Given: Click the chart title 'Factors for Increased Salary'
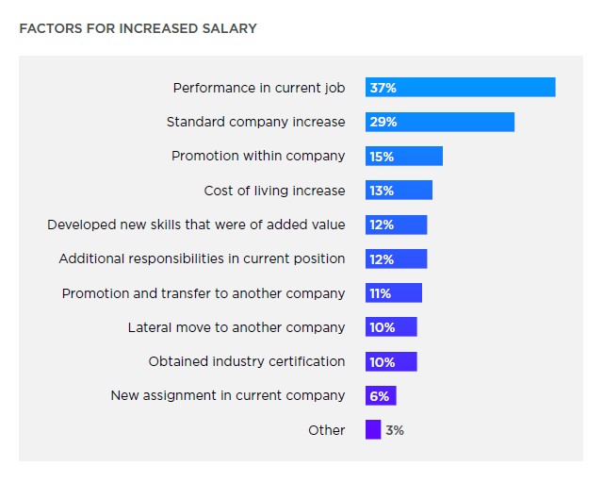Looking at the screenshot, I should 138,28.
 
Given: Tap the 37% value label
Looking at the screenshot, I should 383,88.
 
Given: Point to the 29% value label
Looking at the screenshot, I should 383,122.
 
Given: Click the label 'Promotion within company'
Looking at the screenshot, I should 258,156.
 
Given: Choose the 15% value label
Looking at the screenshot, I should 382,157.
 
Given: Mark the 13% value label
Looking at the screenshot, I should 382,191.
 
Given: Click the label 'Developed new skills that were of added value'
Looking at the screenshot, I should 196,225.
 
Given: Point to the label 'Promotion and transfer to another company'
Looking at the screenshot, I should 204,293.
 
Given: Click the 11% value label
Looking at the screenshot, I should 381,293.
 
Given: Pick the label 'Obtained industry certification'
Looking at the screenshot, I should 247,361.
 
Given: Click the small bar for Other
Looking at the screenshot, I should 373,430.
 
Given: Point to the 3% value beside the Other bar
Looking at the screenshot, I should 395,430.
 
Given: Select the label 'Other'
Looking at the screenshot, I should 327,430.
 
